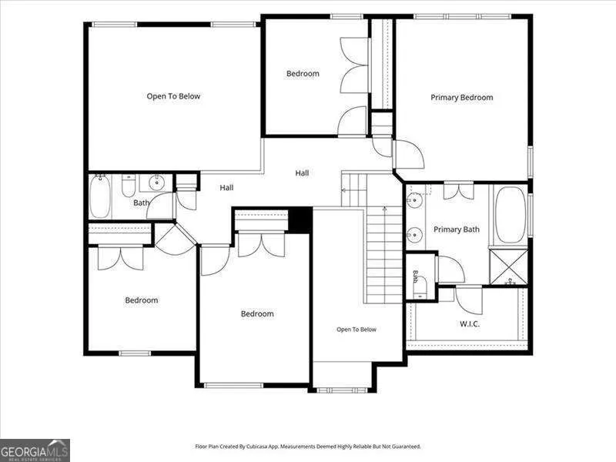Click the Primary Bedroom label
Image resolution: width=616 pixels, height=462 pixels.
[x=461, y=98]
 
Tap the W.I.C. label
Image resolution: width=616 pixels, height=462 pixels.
[x=470, y=324]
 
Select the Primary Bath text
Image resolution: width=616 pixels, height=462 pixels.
[x=457, y=229]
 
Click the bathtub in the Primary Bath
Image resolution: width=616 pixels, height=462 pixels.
[x=511, y=215]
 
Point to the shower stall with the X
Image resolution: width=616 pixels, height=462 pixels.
[x=509, y=266]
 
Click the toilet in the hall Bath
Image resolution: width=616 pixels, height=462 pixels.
[x=129, y=186]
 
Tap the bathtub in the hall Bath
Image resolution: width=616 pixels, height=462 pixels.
[x=100, y=196]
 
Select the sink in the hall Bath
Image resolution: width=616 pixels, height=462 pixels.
[x=157, y=182]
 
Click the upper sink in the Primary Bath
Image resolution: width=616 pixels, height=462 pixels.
[x=414, y=200]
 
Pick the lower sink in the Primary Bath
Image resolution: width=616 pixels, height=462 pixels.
[x=414, y=235]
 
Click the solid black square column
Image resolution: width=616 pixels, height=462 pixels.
[x=300, y=220]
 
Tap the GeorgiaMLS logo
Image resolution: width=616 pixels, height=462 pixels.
[x=35, y=450]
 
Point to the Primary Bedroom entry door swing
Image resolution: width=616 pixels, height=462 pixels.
[x=410, y=155]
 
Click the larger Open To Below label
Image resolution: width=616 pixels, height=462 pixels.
[x=173, y=96]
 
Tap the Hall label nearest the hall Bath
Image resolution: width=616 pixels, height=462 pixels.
[x=226, y=188]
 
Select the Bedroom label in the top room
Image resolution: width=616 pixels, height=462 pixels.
[x=303, y=73]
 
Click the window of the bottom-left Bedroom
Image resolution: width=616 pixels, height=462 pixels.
[x=135, y=353]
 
